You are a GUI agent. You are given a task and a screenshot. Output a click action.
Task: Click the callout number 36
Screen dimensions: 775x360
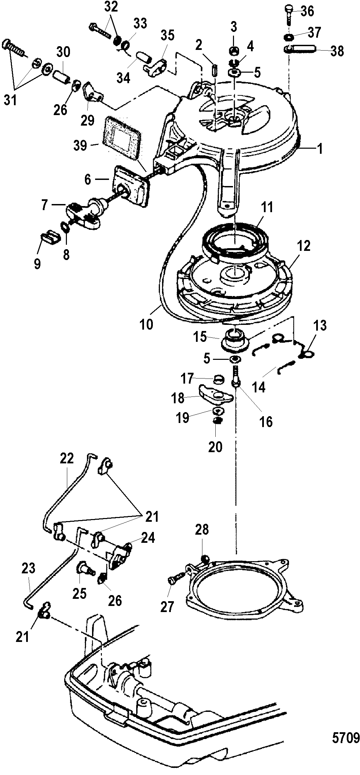click(x=307, y=12)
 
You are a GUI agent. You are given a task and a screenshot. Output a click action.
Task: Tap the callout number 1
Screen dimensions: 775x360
click(x=320, y=148)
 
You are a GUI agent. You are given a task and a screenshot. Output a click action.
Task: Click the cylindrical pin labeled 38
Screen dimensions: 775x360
click(x=302, y=50)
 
